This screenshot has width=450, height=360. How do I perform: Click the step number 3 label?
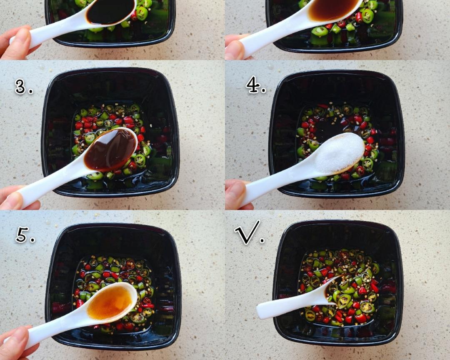tap(23, 87)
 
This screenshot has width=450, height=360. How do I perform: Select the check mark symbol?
tap(248, 232)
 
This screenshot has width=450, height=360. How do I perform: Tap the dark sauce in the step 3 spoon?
tap(110, 149)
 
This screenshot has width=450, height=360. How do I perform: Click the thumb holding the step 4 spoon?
tap(236, 194)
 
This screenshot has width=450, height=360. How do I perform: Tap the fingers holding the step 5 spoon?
tap(16, 343)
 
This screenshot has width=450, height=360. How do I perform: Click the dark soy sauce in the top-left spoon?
tap(110, 12)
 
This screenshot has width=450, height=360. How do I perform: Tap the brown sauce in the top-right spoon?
tap(333, 10)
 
